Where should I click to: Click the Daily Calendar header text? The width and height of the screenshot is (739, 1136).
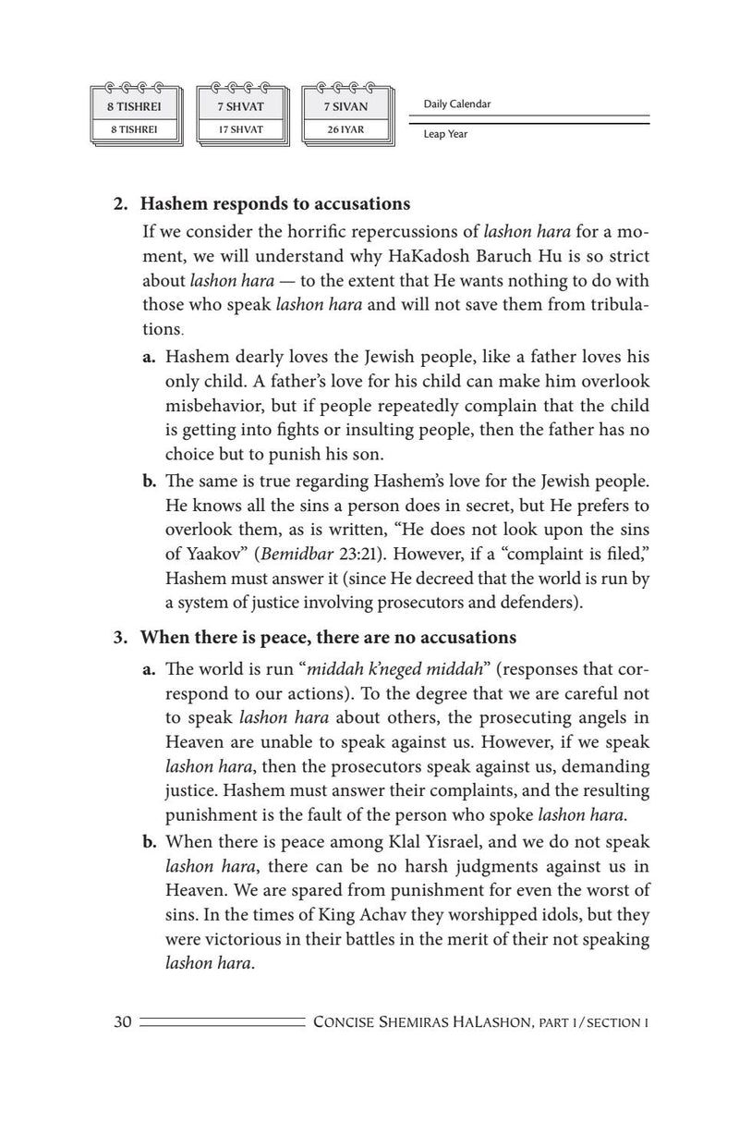(457, 104)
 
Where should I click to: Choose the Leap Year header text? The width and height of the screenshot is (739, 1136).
(445, 134)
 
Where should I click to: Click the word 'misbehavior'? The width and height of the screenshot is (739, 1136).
(210, 405)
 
